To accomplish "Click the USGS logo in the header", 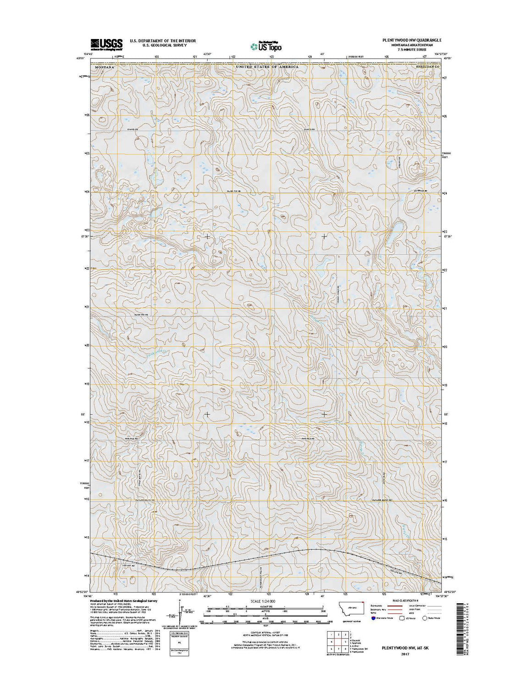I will [x=106, y=44].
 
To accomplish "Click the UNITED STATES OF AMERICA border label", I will [x=267, y=67].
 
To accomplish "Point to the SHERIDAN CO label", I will [x=428, y=67].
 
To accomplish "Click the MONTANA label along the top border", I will [x=103, y=67].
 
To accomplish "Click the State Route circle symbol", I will [x=424, y=618].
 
